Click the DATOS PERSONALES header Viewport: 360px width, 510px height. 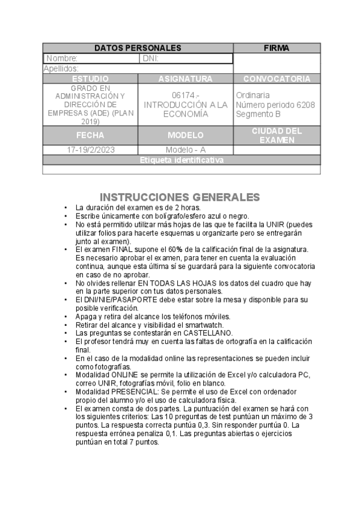[138, 48]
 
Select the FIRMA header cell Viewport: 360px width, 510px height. [276, 48]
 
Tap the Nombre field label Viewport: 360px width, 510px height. [62, 58]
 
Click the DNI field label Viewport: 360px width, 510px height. [150, 58]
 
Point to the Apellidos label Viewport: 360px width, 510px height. [61, 69]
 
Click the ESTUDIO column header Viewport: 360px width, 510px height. [90, 79]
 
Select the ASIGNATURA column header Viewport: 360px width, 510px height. [185, 79]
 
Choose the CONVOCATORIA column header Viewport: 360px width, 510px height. [276, 79]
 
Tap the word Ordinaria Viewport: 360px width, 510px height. [252, 95]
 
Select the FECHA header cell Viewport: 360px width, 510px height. [90, 135]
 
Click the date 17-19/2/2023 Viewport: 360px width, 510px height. [90, 150]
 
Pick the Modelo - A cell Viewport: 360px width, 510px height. [185, 150]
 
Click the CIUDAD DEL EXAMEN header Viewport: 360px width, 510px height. [276, 135]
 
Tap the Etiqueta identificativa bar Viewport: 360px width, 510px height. [182, 160]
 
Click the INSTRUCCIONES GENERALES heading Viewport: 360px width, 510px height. [179, 197]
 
